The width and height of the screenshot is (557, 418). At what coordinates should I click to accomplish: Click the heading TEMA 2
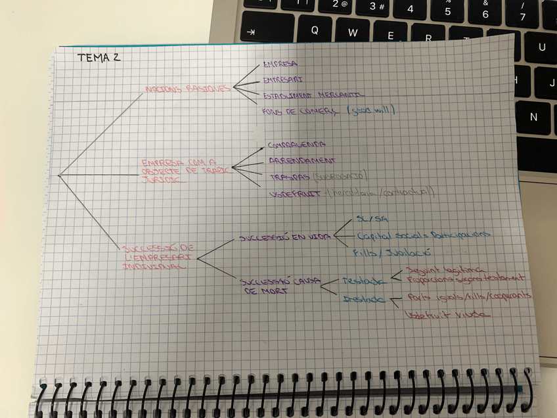pyautogui.click(x=99, y=57)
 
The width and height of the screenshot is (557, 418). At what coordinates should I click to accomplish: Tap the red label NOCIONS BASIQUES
pyautogui.click(x=186, y=88)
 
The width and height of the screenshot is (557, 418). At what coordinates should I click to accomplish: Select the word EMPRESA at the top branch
pyautogui.click(x=280, y=64)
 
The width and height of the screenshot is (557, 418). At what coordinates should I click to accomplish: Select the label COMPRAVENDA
pyautogui.click(x=297, y=144)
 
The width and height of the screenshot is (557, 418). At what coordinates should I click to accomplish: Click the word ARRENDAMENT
pyautogui.click(x=302, y=160)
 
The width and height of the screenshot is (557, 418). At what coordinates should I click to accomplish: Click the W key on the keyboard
pyautogui.click(x=353, y=32)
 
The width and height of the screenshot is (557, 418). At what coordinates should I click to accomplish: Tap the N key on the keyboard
pyautogui.click(x=533, y=116)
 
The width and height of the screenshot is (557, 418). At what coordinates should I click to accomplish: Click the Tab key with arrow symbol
pyautogui.click(x=250, y=33)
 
